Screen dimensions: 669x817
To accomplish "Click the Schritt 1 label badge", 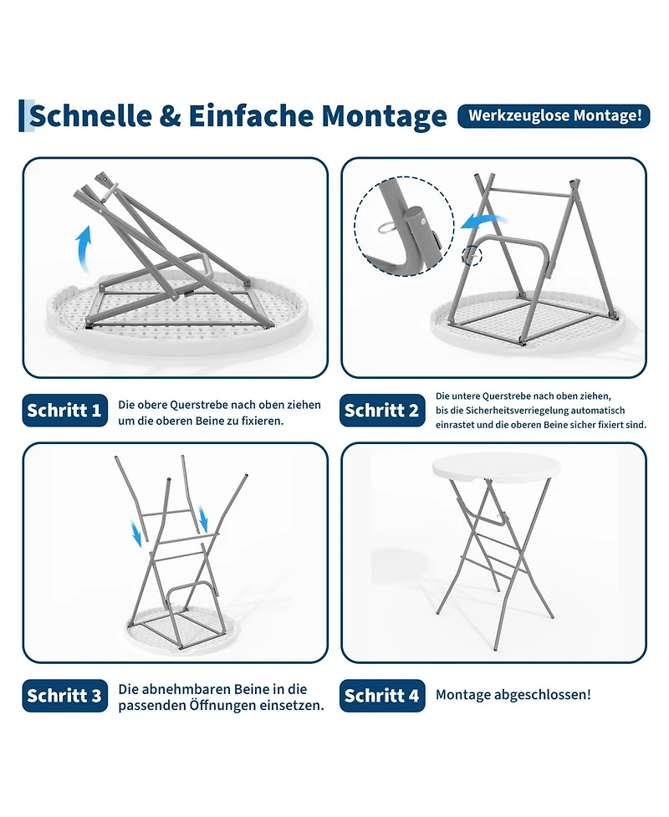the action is coord(64,410).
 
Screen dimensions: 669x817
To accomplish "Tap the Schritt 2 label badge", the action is coord(382,410).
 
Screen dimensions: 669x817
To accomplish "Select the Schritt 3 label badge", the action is coord(64,695).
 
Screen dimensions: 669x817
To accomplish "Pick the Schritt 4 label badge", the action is coord(382,695).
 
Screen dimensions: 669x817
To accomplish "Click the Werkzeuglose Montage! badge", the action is coord(554,115).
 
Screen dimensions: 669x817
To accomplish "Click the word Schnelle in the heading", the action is coord(90,115).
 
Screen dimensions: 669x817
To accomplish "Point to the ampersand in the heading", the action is coord(170,116).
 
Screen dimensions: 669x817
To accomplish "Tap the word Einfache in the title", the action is coord(251,115).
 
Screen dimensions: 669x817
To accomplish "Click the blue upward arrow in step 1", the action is coord(84,248).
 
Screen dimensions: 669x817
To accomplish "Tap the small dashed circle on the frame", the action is coord(472,257).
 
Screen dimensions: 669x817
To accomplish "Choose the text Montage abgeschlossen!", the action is coord(513,695).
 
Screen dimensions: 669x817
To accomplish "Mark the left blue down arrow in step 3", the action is coord(136,534).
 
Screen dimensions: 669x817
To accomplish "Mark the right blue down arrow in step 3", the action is coord(203,519).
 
